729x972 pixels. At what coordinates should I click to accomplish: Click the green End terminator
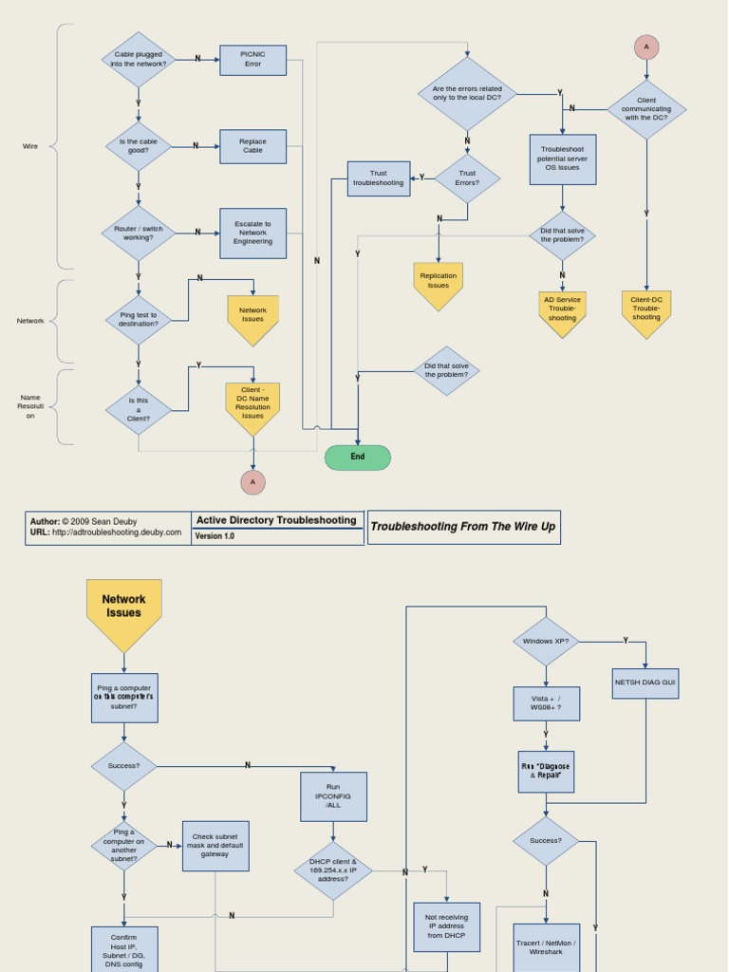coord(358,458)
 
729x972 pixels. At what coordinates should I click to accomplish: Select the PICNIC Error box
coord(252,60)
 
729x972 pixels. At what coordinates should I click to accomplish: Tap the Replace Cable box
coord(252,146)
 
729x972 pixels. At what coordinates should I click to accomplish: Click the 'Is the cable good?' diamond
coord(139,146)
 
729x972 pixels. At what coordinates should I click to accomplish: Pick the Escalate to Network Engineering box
coord(252,234)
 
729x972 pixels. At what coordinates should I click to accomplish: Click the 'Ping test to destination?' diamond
coord(139,320)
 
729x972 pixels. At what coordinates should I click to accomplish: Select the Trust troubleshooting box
coord(379,178)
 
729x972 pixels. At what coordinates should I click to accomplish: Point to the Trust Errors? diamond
coord(467,178)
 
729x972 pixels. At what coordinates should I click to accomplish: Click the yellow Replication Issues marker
coord(439,283)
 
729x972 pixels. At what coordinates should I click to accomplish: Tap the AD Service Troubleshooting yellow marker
coord(562,310)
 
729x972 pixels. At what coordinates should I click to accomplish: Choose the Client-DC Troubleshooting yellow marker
coord(646,309)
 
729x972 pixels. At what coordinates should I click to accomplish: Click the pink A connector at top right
coord(646,47)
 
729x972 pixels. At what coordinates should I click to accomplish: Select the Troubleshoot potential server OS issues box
coord(563,159)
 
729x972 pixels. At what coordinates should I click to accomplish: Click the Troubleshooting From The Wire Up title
coord(463,527)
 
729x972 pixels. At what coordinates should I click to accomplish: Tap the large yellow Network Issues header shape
coord(124,607)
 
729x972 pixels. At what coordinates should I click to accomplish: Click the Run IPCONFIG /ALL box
coord(333,795)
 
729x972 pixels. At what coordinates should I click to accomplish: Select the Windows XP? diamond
coord(546,642)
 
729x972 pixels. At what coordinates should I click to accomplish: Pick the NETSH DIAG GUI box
coord(645,683)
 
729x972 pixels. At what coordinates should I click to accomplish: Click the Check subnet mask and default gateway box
coord(215,846)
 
